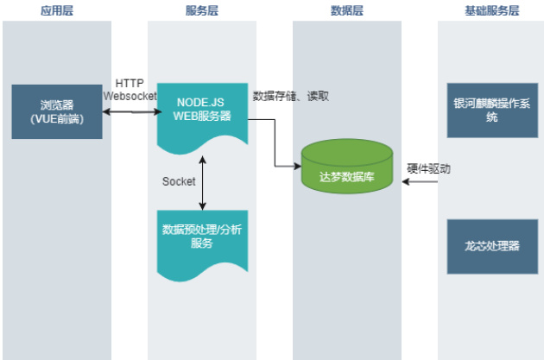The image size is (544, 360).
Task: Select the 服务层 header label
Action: (x=201, y=10)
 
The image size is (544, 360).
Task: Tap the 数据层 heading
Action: (x=346, y=10)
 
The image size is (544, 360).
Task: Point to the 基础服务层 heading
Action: (x=490, y=10)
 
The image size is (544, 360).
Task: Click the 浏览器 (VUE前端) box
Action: (x=56, y=111)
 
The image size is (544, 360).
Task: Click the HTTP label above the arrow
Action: (x=130, y=84)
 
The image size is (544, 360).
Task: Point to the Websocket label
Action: (x=130, y=96)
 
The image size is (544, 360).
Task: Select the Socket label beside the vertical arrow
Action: (x=179, y=181)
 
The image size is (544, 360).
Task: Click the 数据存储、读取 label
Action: (x=290, y=96)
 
